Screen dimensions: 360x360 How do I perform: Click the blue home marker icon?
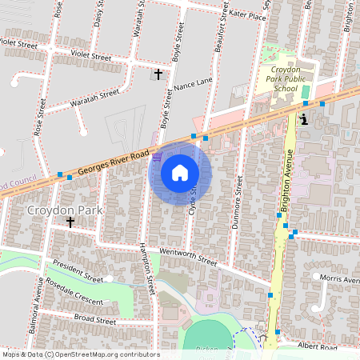[x=179, y=172]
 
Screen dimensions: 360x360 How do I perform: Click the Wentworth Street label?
[x=188, y=257]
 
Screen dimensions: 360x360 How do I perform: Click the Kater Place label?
[x=246, y=15]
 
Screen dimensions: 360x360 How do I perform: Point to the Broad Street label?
[x=94, y=319]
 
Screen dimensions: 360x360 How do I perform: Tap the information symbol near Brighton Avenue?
[x=303, y=119]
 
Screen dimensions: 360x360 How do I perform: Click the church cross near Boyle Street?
[x=158, y=74]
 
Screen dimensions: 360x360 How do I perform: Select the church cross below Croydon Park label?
[x=70, y=223]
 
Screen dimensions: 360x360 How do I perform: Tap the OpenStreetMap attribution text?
[x=80, y=354]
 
